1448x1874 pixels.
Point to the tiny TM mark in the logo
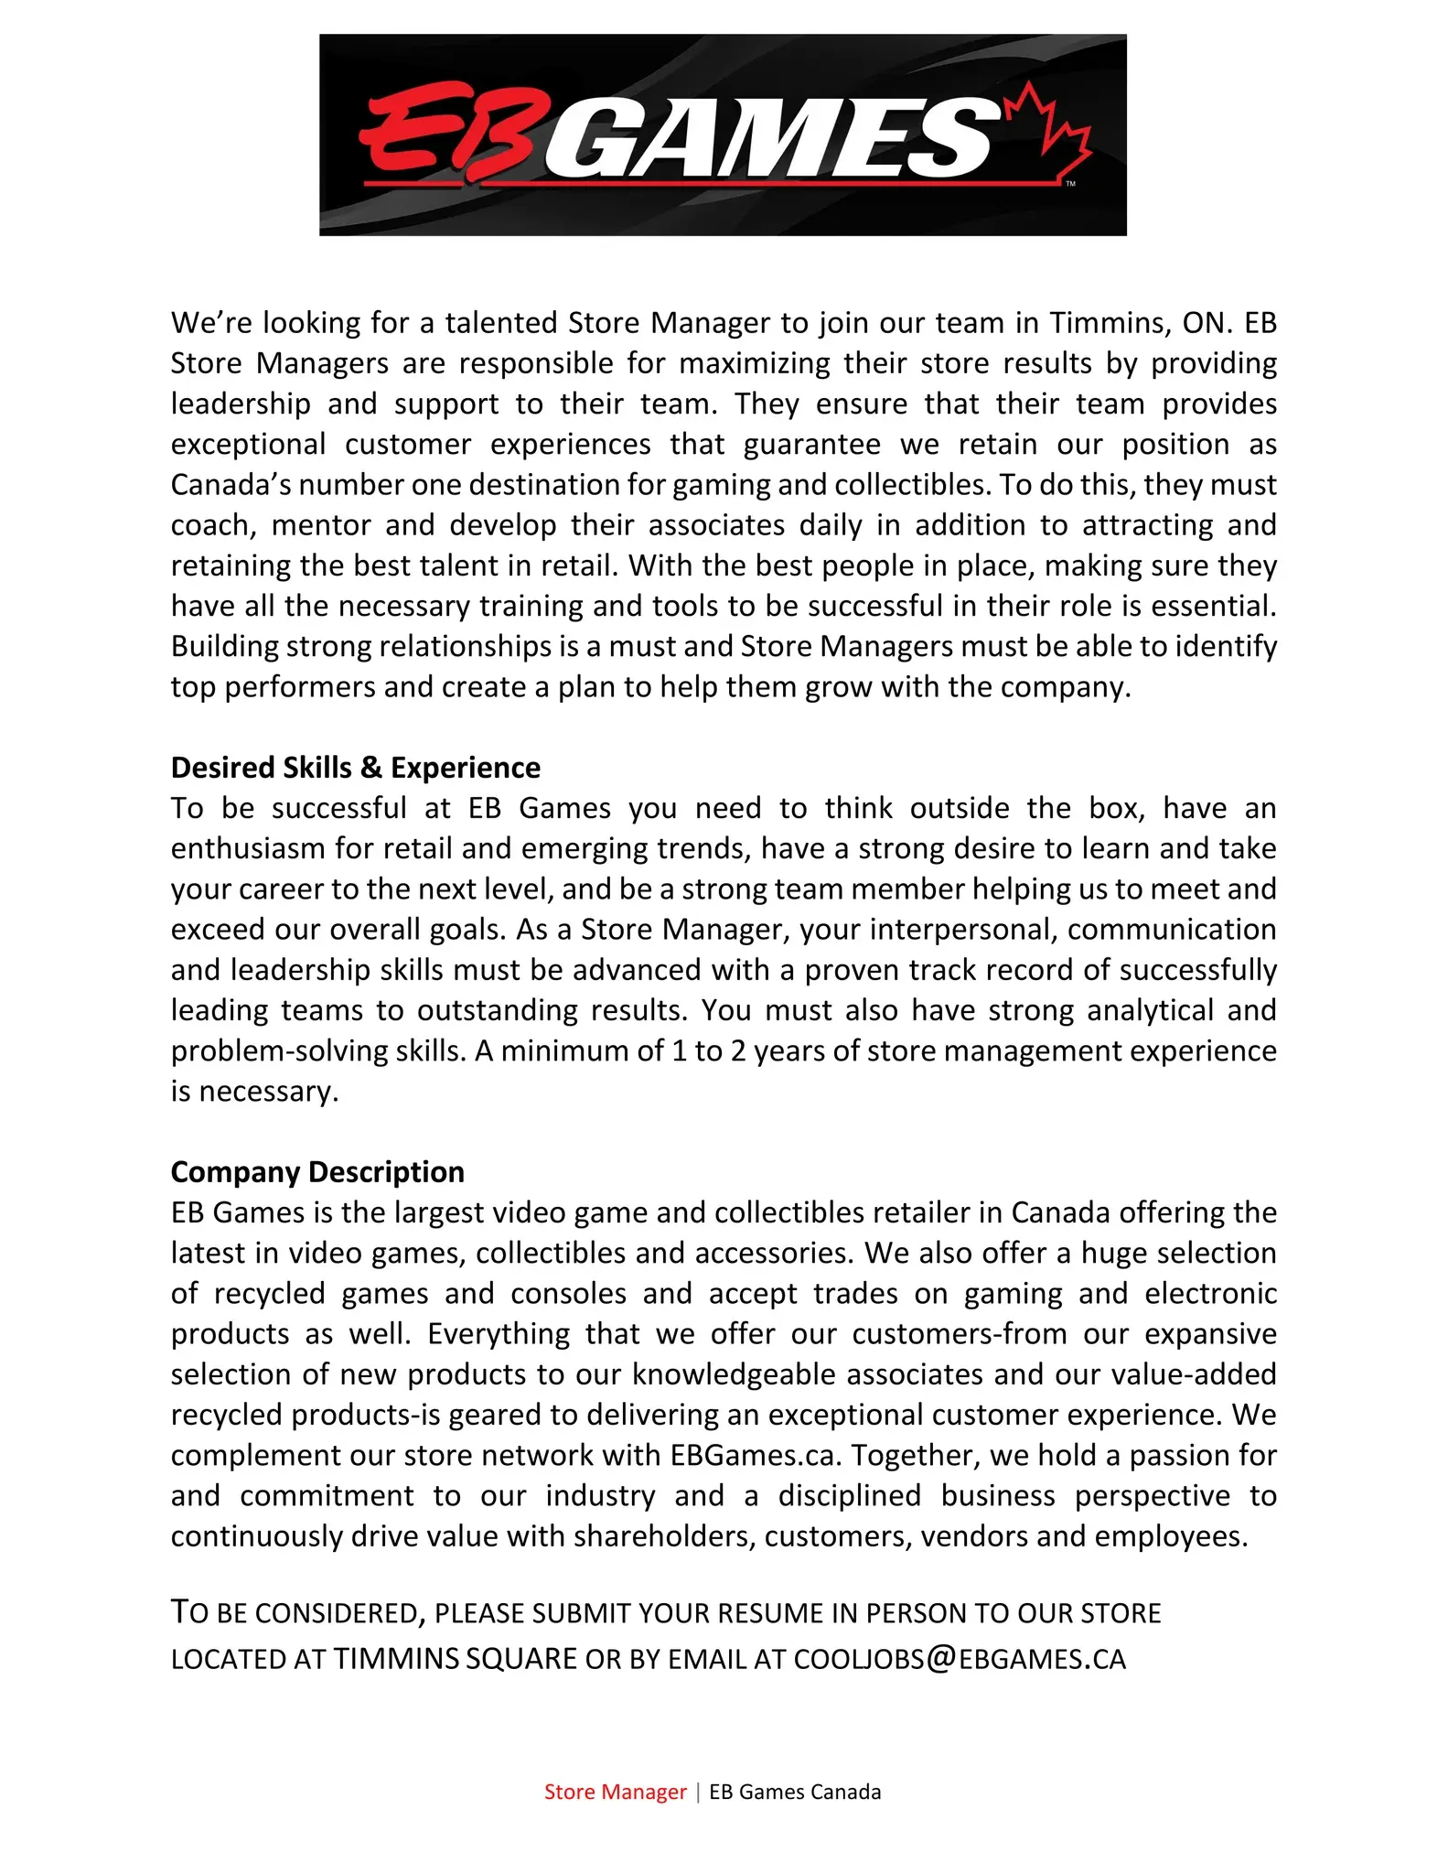point(1070,184)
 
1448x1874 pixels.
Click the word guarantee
point(811,445)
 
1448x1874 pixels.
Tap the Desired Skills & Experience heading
point(355,768)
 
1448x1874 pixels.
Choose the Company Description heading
point(317,1172)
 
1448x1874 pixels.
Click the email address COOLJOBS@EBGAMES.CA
point(960,1660)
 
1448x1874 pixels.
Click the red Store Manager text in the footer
point(615,1792)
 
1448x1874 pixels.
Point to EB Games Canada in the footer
point(795,1792)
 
